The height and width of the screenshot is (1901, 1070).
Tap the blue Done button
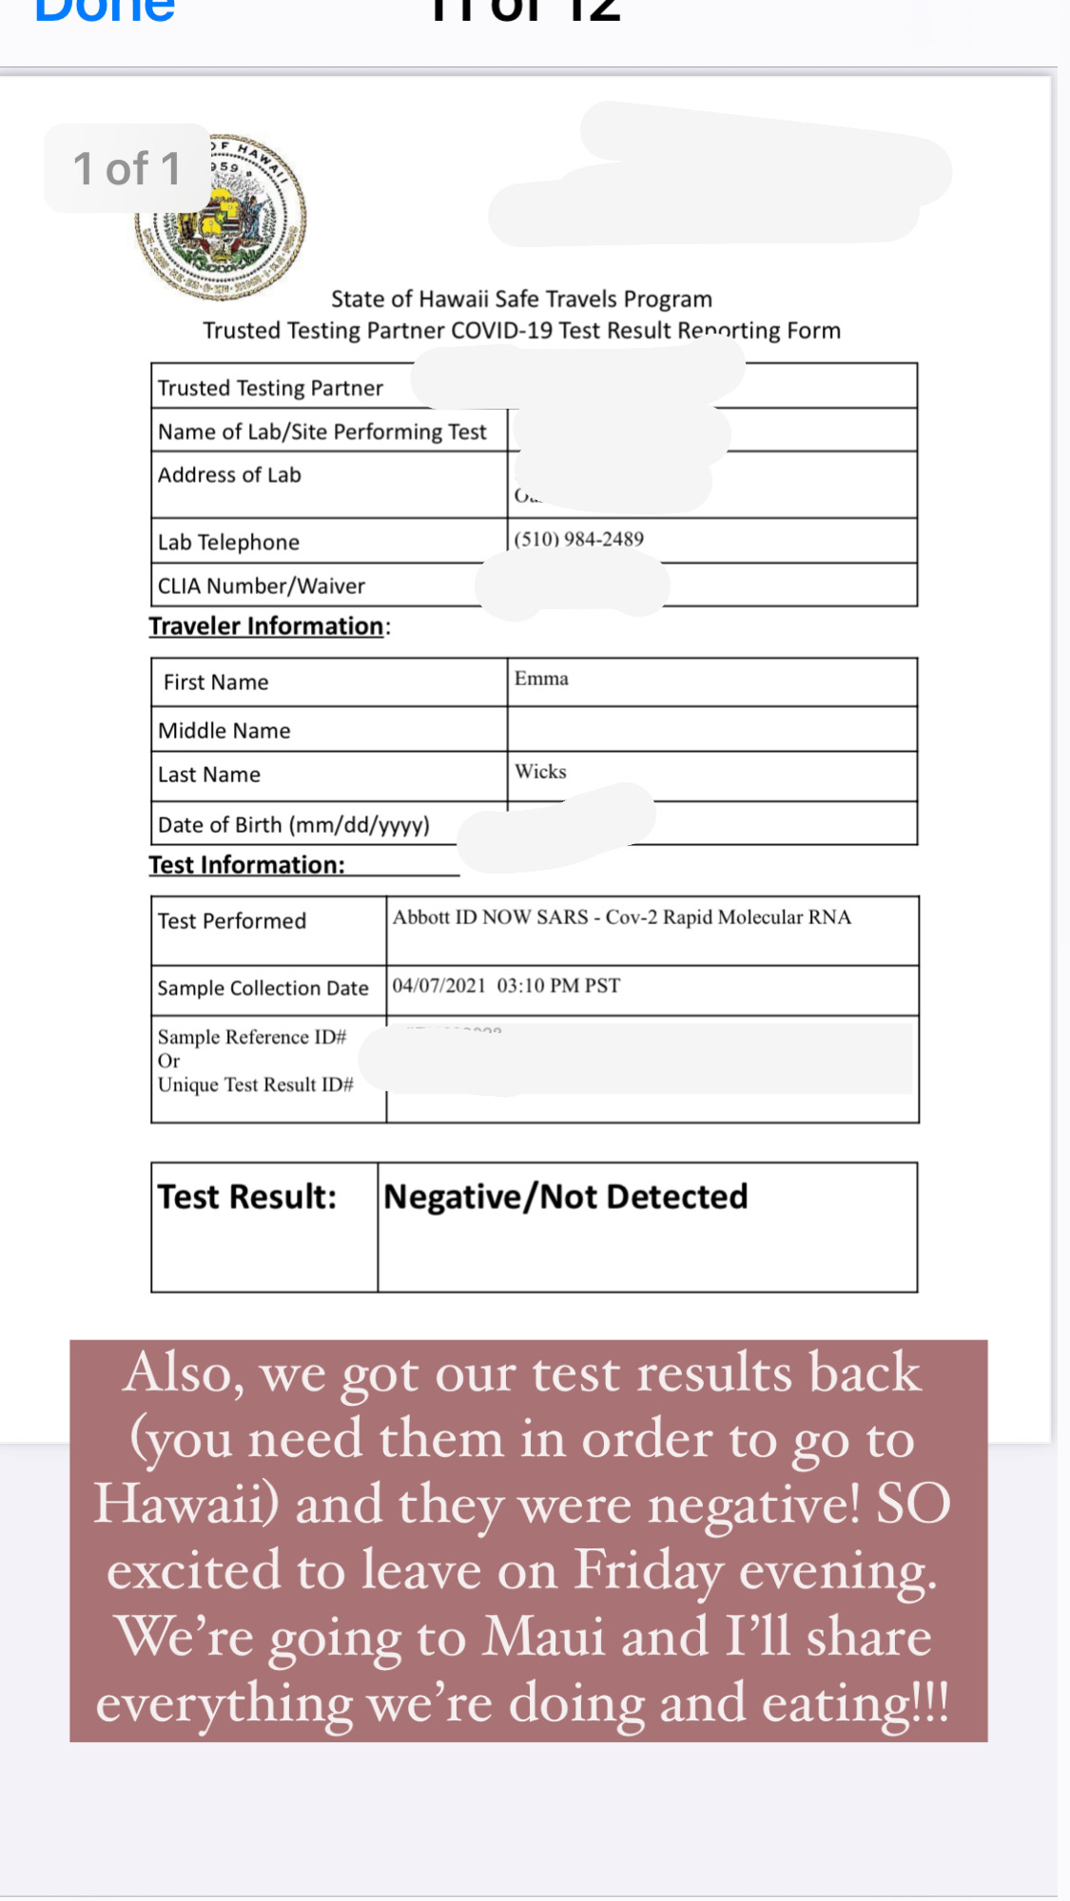click(105, 11)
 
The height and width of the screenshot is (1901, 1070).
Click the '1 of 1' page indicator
click(126, 169)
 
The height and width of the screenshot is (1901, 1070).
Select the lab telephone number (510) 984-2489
click(578, 539)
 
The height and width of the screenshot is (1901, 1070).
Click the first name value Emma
click(541, 679)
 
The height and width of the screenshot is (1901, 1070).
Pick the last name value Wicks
click(540, 772)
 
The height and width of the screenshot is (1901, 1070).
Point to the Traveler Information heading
click(266, 626)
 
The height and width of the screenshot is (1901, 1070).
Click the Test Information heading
click(246, 865)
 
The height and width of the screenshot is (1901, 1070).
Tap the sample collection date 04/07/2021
click(438, 986)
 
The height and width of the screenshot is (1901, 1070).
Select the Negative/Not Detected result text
click(565, 1197)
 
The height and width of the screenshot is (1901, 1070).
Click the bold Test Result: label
click(247, 1197)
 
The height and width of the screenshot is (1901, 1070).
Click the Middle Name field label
click(224, 731)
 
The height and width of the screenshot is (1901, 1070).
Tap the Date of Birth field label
click(293, 825)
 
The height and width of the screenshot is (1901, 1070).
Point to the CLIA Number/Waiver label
click(262, 586)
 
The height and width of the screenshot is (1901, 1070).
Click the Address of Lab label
click(229, 475)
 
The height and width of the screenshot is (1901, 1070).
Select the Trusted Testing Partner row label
click(270, 388)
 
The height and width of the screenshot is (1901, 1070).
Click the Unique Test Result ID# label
click(255, 1085)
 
